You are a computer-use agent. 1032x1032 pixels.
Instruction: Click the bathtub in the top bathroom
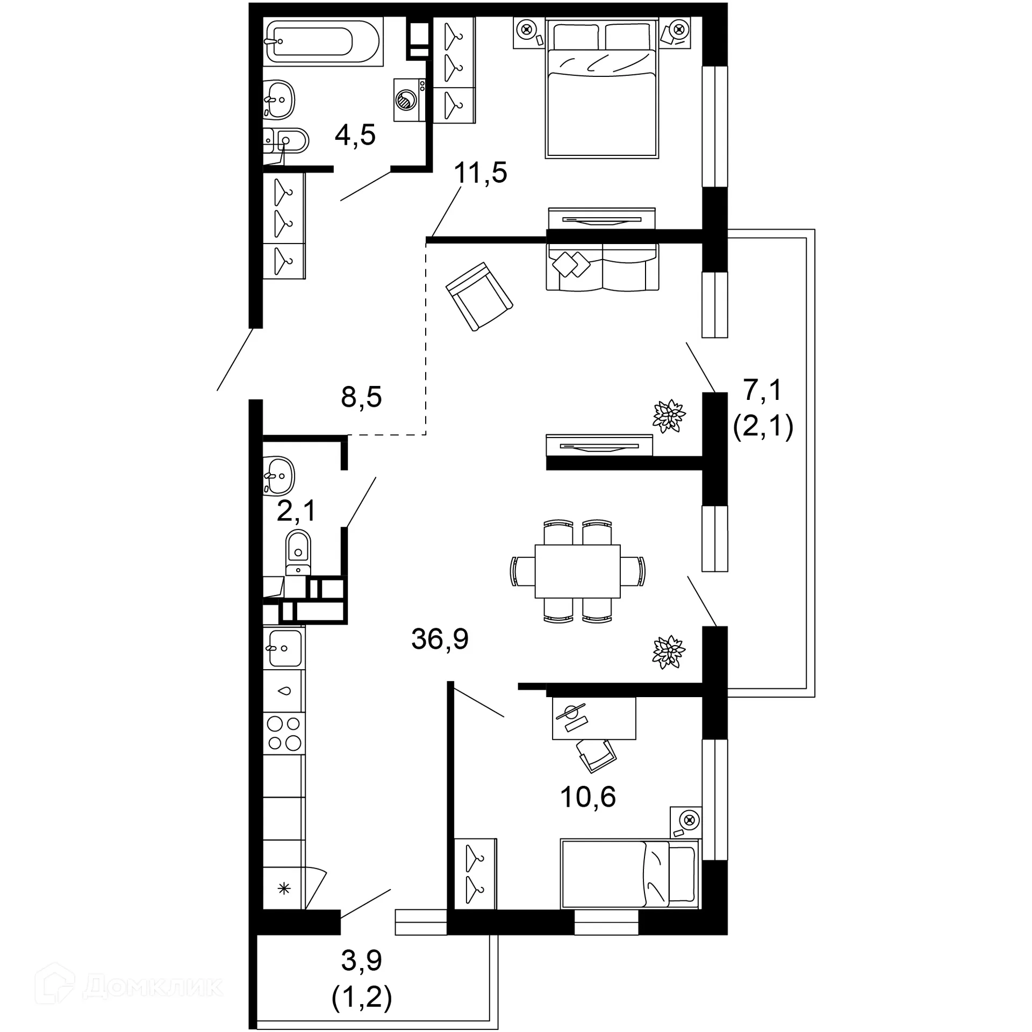(322, 41)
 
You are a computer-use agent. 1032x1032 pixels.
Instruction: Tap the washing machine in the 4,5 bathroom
(408, 99)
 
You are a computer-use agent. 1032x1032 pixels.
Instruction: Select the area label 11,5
(480, 173)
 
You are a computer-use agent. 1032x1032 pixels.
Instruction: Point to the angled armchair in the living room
(479, 296)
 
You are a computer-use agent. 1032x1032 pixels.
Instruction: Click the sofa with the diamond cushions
(602, 267)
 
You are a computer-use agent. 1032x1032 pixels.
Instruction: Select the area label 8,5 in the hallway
(361, 397)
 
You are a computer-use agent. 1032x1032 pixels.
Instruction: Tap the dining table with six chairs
(577, 571)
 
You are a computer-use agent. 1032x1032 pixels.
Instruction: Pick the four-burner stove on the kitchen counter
(284, 733)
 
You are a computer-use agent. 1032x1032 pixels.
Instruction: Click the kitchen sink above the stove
(284, 648)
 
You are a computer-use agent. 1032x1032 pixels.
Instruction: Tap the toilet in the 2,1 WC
(298, 551)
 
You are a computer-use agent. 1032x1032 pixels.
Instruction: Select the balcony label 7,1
(762, 390)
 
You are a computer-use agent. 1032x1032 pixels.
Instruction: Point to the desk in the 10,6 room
(593, 718)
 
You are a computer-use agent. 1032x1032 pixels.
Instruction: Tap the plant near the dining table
(668, 652)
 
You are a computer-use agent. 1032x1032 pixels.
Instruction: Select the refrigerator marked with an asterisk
(284, 888)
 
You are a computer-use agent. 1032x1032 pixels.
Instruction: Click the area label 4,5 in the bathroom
(355, 135)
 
